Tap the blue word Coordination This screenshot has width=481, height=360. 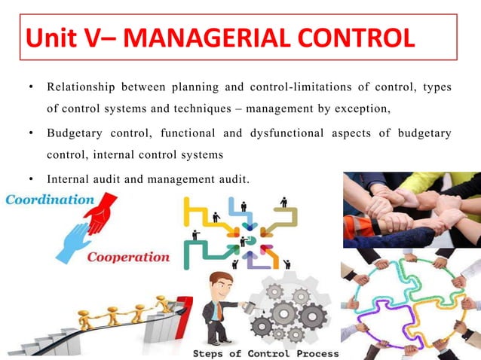tap(50, 200)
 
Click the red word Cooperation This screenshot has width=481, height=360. tap(129, 257)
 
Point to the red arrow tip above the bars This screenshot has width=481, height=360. tap(185, 301)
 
